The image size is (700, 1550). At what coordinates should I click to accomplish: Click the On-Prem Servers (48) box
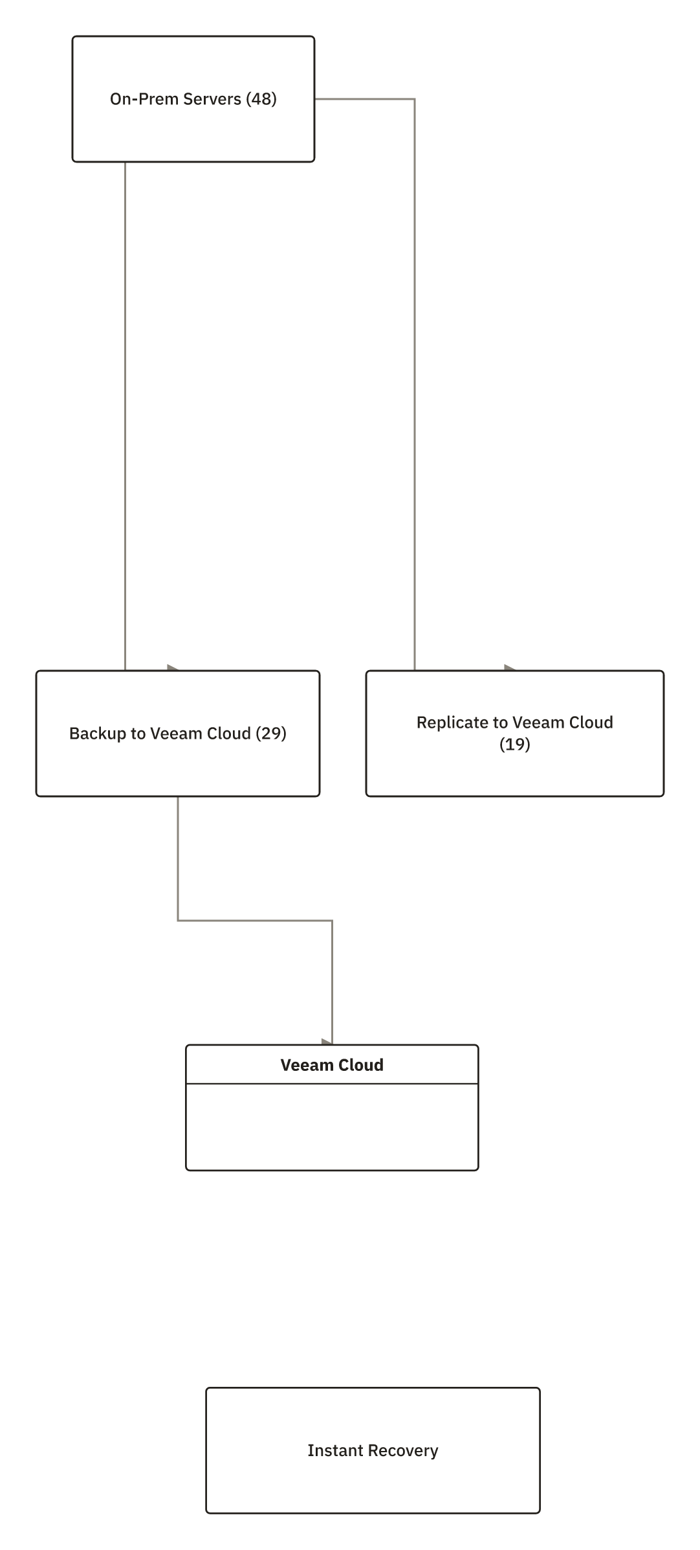[x=193, y=99]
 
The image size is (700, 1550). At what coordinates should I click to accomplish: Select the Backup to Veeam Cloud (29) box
[x=178, y=734]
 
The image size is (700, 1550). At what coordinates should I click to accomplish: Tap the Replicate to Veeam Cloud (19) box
[x=515, y=734]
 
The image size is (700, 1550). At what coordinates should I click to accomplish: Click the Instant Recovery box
[x=373, y=1450]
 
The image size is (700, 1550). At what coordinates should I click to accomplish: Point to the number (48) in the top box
[x=261, y=99]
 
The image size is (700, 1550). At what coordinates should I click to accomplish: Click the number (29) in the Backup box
[x=271, y=734]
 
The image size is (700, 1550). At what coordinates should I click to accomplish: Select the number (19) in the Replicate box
[x=515, y=745]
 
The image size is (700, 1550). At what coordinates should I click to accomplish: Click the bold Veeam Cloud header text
[x=332, y=1065]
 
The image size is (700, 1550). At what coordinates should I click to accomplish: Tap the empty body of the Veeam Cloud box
[x=332, y=1127]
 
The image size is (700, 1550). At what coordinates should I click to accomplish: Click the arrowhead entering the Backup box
[x=173, y=668]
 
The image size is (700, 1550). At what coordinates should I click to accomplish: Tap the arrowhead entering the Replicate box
[x=510, y=668]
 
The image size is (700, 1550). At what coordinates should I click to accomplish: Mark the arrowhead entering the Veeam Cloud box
[x=327, y=1042]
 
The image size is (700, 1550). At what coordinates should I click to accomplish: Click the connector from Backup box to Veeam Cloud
[x=255, y=921]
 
